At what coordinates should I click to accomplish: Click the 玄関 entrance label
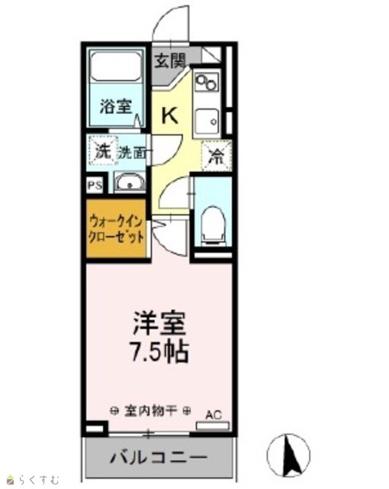170,60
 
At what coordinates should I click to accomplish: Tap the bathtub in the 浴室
115,67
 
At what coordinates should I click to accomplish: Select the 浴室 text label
116,106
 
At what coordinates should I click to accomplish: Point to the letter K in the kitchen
169,115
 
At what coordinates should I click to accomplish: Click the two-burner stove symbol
207,82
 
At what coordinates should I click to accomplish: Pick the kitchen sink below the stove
207,121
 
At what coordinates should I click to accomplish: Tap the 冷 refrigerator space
217,156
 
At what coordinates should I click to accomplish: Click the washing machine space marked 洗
103,151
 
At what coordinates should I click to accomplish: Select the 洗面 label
132,152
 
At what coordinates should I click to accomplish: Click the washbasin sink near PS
130,183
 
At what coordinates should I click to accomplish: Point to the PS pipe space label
95,186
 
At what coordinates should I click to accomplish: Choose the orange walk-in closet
116,228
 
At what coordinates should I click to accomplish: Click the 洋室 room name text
159,322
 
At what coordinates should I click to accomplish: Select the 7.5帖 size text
159,351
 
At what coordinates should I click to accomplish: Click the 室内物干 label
150,411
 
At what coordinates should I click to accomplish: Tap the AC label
214,415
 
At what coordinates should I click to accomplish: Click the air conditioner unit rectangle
213,426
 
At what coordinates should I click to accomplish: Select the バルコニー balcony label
159,458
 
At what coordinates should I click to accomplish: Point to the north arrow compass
288,455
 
